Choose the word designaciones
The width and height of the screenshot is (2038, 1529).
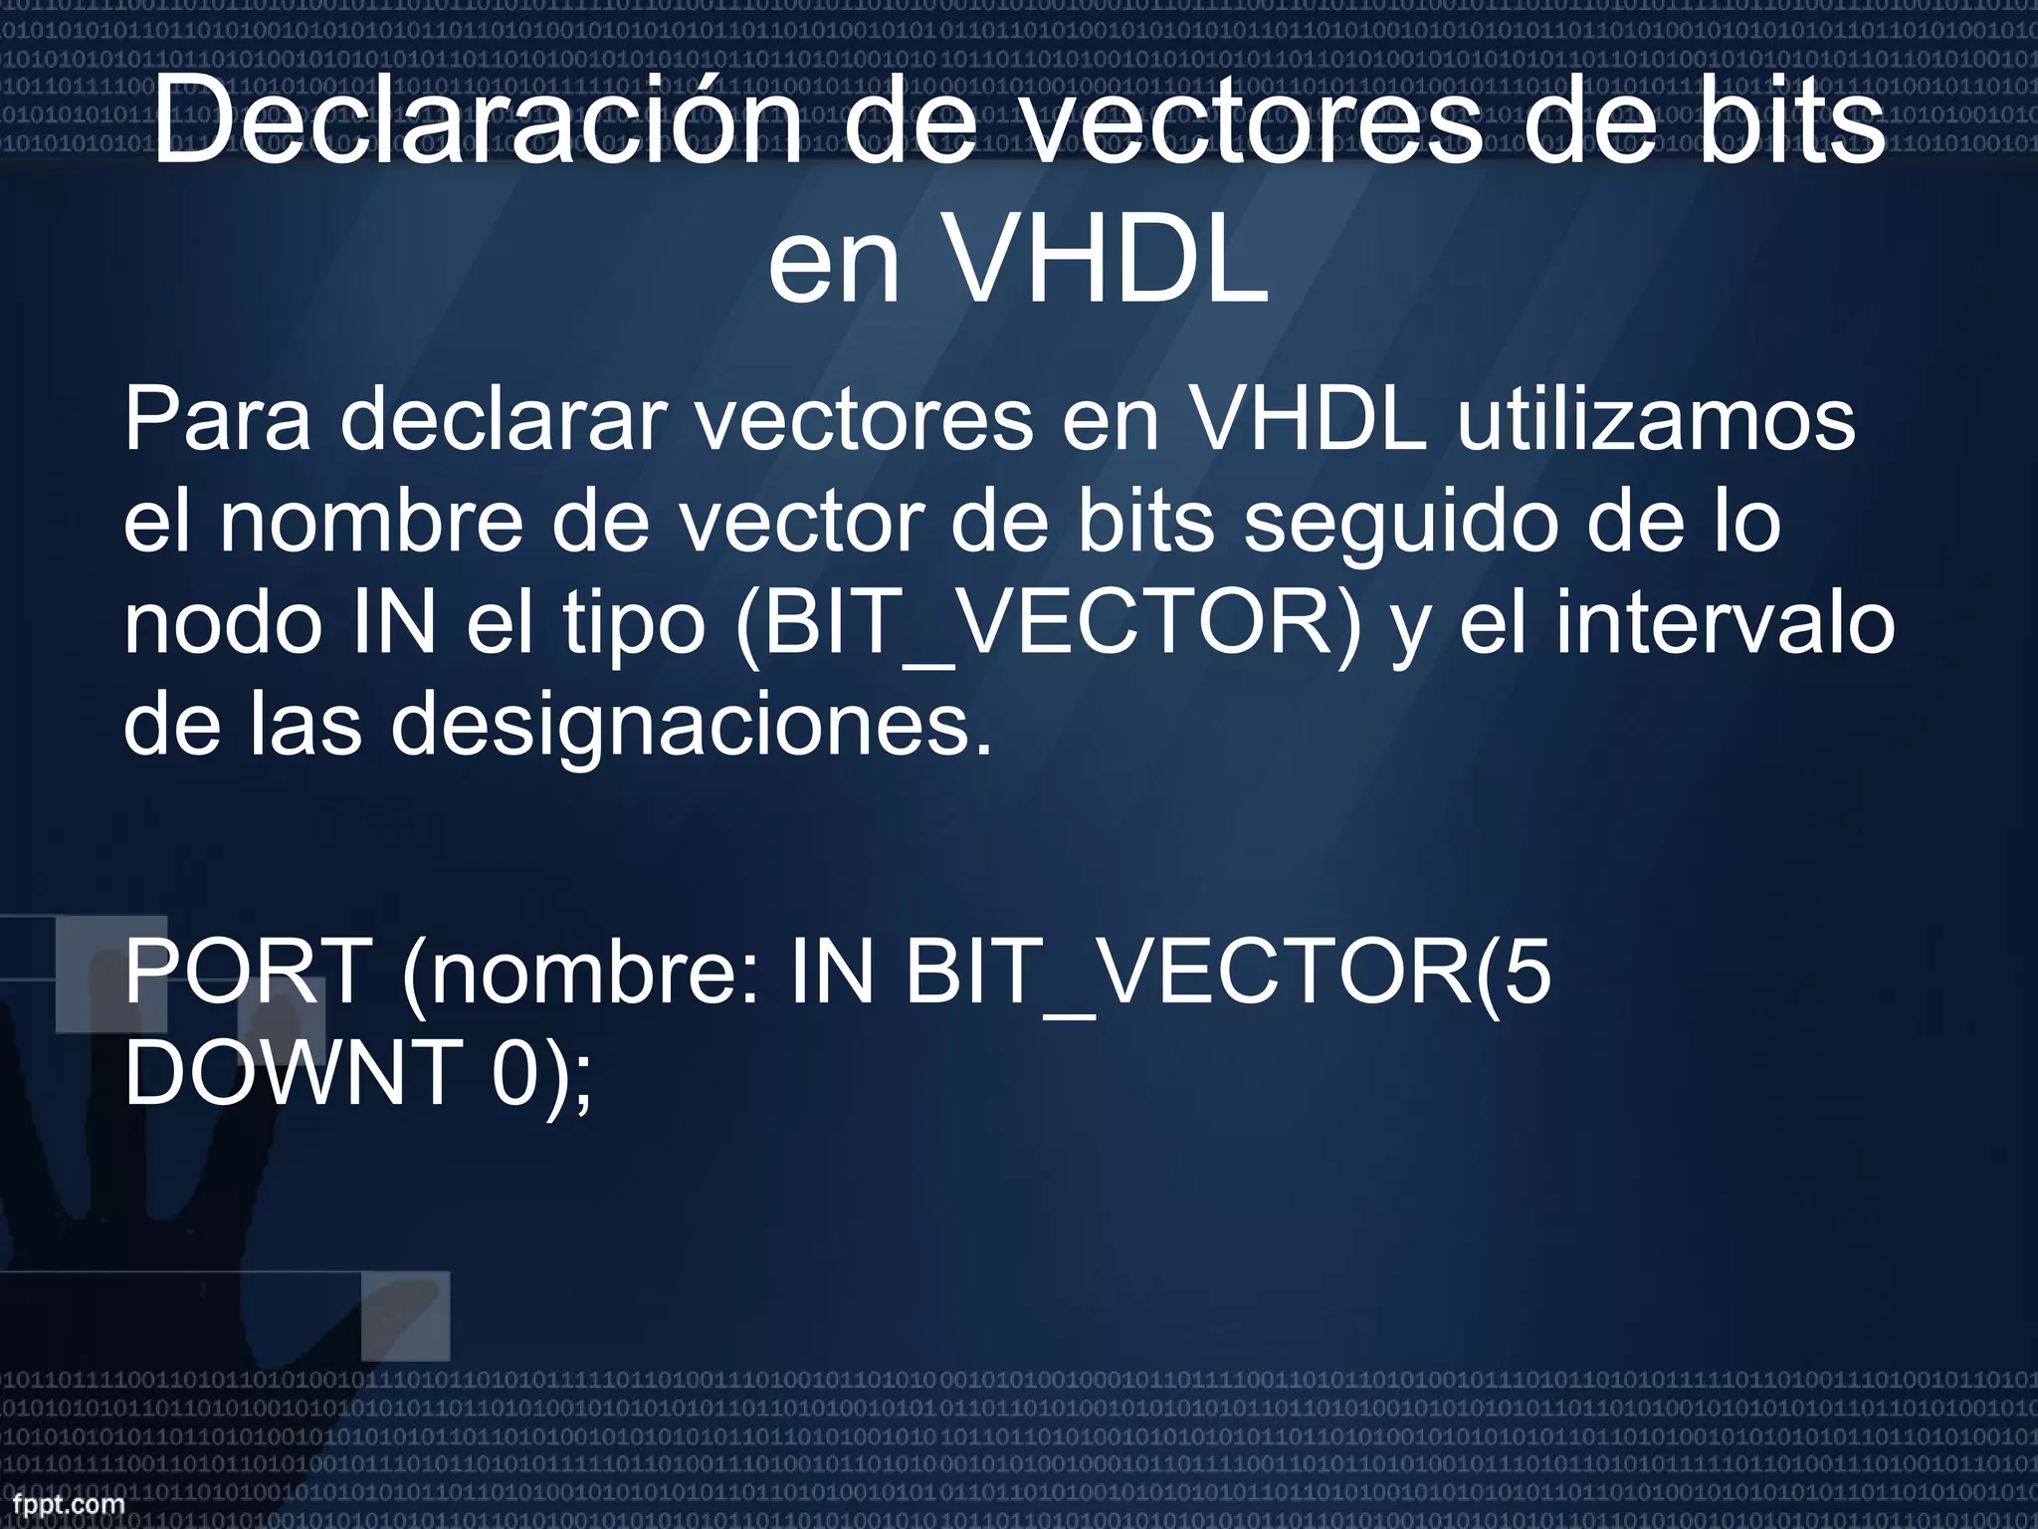pos(691,727)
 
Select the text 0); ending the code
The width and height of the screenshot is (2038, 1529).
pos(542,1074)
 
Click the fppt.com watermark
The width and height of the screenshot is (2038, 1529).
pos(62,1505)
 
